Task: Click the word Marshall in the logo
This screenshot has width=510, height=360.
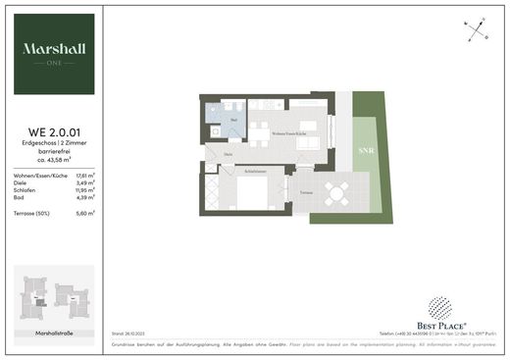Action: point(55,47)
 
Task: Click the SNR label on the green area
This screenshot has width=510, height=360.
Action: point(365,151)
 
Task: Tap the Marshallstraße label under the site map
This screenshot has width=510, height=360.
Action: point(55,334)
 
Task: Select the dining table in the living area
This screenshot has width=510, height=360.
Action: point(259,136)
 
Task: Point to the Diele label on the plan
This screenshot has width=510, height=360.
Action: point(228,154)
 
